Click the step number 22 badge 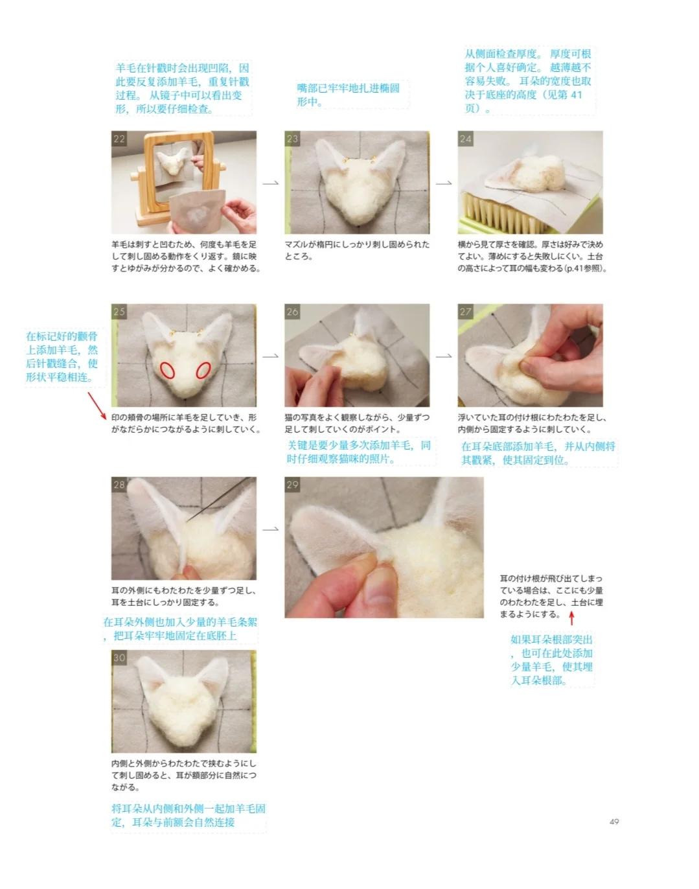pos(119,139)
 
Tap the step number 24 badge pos(465,139)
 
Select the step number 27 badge pos(465,312)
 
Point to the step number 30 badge pos(119,658)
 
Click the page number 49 pos(614,822)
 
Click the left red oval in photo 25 pos(167,370)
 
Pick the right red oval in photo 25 pos(203,370)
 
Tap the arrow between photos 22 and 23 pos(271,183)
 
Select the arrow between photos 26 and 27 pos(444,356)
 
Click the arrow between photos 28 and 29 pos(271,529)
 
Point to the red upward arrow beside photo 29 pos(572,618)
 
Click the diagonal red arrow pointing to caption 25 pos(97,406)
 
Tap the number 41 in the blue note pos(575,95)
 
